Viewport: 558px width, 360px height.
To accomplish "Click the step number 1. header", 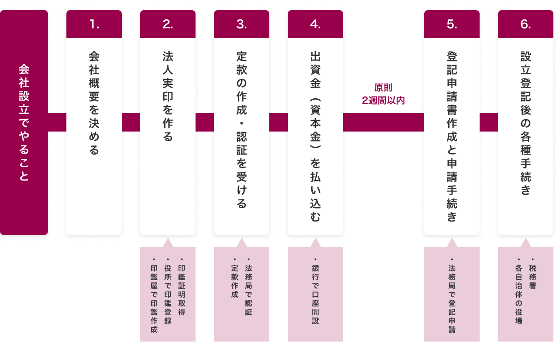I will click(x=94, y=24).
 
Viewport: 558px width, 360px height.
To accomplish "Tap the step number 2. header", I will click(x=168, y=24).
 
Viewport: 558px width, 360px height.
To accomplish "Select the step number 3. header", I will click(x=242, y=24).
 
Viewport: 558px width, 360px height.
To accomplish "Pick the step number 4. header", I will click(x=315, y=24).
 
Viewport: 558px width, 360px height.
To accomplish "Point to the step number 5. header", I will click(x=452, y=24).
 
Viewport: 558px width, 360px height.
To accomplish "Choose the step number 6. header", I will click(x=526, y=24).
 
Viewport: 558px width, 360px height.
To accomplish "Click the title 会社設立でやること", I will click(x=24, y=122).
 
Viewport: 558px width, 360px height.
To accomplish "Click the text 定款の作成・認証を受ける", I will click(x=242, y=130).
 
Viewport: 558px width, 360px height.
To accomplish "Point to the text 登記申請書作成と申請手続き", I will click(x=452, y=136).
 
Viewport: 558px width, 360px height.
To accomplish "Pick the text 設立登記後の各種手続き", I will click(x=526, y=123).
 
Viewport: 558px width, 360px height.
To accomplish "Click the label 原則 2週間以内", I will click(x=383, y=94).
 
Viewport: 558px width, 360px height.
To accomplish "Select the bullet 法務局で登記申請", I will click(x=452, y=298).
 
